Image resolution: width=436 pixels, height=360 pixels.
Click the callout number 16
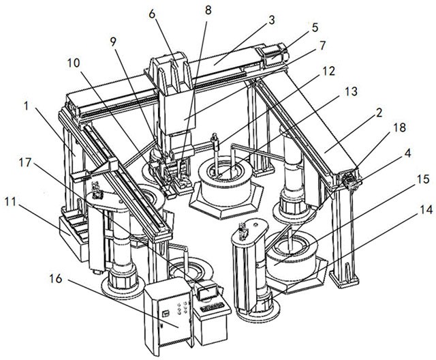pos(56,278)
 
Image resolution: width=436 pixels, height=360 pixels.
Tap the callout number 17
pos(25,163)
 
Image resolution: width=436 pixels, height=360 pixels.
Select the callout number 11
pos(10,202)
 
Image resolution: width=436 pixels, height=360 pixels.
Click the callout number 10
pos(74,63)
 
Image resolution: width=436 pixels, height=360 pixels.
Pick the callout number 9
pos(113,42)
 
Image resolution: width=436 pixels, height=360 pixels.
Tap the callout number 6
pos(152,14)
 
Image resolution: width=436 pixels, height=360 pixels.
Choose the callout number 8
pos(208,10)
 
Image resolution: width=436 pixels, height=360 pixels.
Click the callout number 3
pos(272,20)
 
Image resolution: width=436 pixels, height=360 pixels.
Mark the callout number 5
pos(315,27)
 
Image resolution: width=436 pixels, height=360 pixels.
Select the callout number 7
pos(322,46)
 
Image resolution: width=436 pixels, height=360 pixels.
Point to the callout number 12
pos(328,71)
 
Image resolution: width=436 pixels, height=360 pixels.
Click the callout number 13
pos(351,91)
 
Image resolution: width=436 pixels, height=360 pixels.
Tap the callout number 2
pos(379,112)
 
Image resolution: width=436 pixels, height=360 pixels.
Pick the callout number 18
pos(400,127)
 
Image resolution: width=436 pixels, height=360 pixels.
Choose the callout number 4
pos(408,153)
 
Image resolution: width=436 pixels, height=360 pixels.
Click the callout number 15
pos(423,179)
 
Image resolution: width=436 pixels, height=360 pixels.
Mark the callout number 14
pos(426,209)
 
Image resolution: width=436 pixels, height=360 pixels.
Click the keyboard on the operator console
pos(213,307)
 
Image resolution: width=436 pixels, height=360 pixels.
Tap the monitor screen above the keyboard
pos(207,292)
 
